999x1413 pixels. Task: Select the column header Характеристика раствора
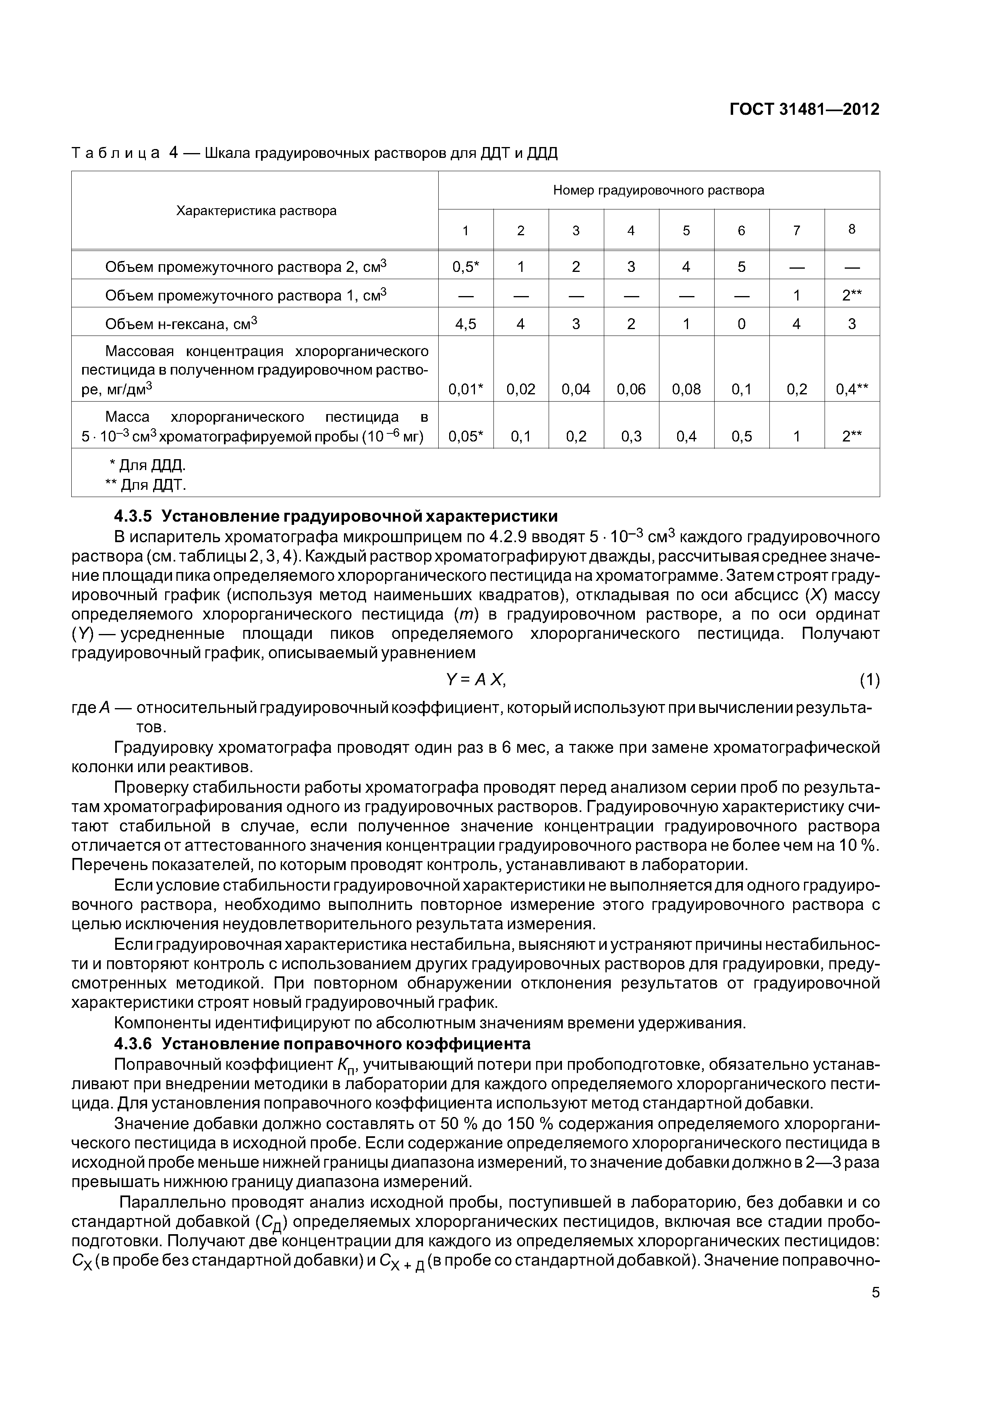pyautogui.click(x=256, y=211)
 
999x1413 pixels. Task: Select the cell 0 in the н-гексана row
pyautogui.click(x=741, y=324)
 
